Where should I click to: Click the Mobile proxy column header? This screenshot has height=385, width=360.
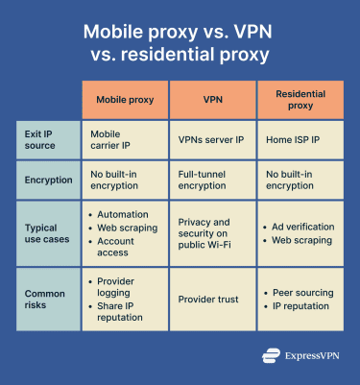coord(126,100)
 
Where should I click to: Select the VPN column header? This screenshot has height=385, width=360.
coord(214,100)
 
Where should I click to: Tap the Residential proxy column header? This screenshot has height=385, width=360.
coord(301,100)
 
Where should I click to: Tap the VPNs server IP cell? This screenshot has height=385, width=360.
coord(212,140)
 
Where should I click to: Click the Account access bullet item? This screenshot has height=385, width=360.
coord(122,247)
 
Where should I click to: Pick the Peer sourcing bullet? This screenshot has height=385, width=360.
coord(302,293)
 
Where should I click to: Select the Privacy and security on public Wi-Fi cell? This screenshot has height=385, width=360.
coord(212,233)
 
